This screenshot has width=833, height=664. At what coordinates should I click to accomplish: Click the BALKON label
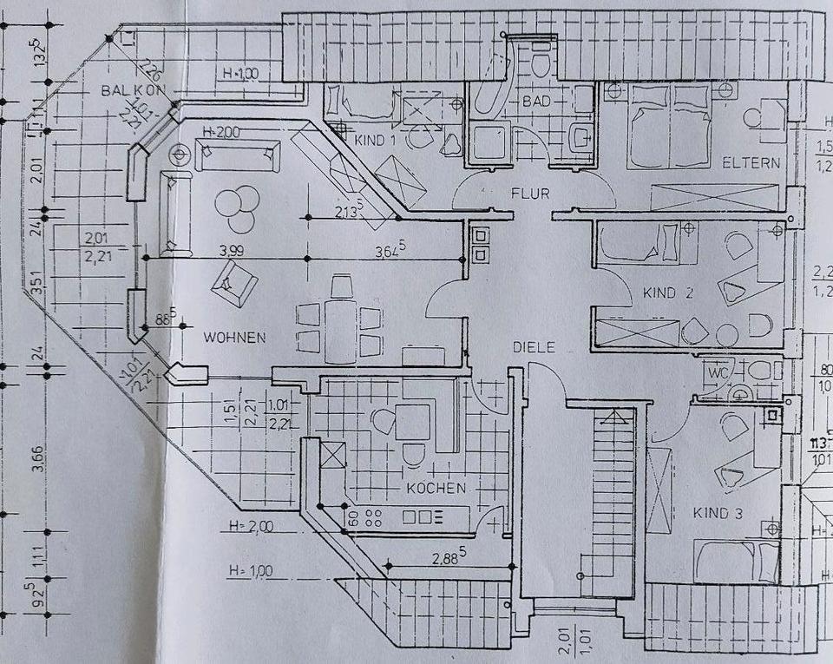coord(133,90)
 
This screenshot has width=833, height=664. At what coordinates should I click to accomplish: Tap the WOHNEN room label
coord(234,337)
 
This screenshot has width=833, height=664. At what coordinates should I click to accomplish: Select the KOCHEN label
coord(436,488)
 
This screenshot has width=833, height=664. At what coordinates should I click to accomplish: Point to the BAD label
coord(537,102)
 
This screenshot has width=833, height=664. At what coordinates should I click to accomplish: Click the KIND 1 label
coord(375,140)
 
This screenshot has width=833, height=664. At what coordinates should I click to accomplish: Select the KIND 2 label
coord(667,293)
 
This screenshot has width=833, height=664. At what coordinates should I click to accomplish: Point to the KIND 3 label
coord(717,514)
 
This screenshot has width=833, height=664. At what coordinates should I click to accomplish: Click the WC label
coord(718,373)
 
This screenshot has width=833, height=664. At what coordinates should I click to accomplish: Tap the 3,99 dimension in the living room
coord(232,250)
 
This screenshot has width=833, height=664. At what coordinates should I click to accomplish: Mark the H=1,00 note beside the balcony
coord(239,75)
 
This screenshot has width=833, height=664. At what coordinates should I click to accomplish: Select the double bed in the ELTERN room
coord(669,128)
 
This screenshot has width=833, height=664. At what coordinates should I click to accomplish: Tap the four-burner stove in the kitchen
coord(374,517)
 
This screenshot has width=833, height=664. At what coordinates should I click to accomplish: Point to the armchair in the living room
coord(233,282)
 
